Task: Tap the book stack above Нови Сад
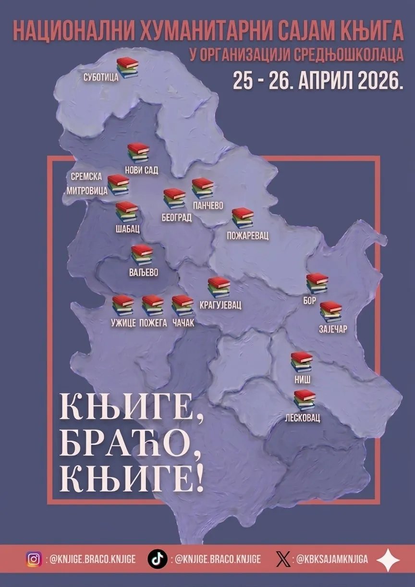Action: point(138,153)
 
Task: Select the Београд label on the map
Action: point(176,218)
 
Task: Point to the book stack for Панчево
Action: point(203,188)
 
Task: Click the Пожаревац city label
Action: point(248,236)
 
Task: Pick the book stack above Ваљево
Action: point(142,255)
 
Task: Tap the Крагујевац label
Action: point(220,305)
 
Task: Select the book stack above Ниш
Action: point(302,362)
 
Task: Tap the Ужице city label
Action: point(123,323)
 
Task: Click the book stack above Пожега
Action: point(153,305)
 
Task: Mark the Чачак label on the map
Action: point(183,323)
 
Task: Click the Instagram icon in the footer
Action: point(34,559)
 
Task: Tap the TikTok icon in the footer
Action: point(157,559)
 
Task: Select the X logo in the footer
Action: point(283,559)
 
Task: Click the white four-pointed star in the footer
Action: point(388,560)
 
